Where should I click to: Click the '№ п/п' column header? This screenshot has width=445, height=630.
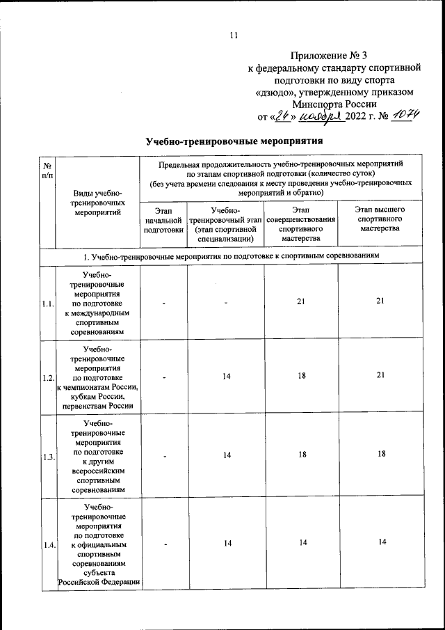click(47, 170)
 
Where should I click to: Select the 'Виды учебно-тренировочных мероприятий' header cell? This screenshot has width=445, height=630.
click(97, 203)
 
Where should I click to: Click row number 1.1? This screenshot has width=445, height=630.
click(47, 304)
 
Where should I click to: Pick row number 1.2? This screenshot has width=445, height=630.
click(47, 377)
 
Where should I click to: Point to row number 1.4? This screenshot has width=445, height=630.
click(47, 545)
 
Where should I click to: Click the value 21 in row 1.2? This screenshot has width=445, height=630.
click(378, 377)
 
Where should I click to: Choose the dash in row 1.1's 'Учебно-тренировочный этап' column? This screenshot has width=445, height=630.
click(227, 304)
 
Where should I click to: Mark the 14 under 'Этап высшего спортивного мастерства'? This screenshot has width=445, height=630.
click(378, 544)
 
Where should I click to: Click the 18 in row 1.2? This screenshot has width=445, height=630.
click(300, 377)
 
